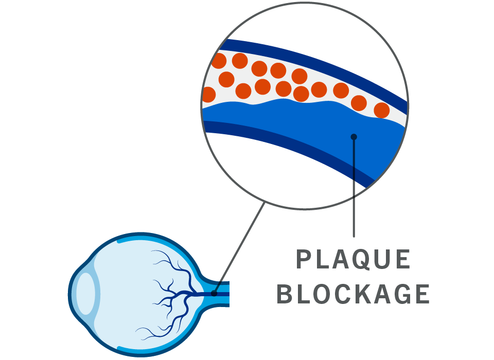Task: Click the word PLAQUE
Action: point(354,260)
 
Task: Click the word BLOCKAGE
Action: point(354,294)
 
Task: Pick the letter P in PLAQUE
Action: point(305,260)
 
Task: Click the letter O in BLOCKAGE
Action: point(322,294)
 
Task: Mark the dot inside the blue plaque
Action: point(354,137)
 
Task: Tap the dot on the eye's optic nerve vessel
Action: point(214,294)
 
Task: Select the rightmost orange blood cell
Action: point(381,110)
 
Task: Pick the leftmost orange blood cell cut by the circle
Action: point(208,95)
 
